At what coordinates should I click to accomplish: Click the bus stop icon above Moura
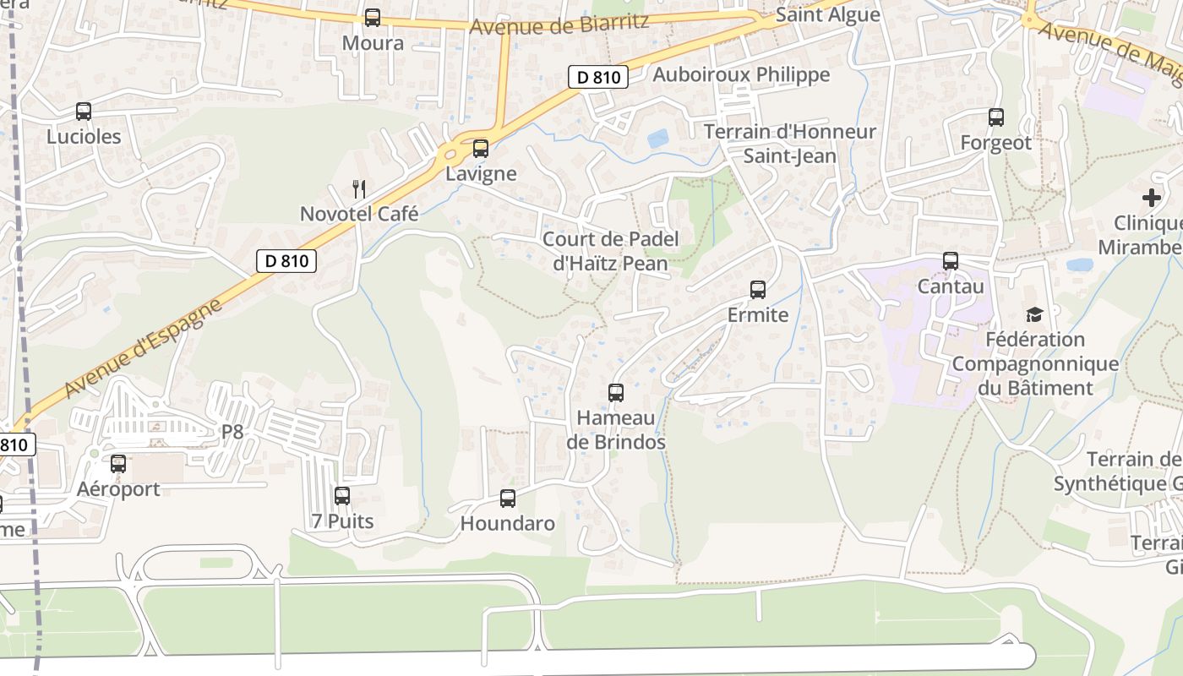373,17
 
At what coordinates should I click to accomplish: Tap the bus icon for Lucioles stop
84,111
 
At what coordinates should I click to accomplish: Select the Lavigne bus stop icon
481,149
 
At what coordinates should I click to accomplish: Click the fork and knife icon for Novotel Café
359,188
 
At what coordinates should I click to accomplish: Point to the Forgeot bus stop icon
996,117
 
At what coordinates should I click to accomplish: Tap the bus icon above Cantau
951,261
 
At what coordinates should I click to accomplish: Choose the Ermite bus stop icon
758,290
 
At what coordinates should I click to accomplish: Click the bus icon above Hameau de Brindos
616,393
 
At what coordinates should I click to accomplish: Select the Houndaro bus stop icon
508,499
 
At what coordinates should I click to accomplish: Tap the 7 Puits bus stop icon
342,496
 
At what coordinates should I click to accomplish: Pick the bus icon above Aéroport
118,464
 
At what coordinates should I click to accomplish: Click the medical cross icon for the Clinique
1151,198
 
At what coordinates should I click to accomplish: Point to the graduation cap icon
1034,315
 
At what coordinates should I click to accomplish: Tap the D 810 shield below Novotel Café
286,261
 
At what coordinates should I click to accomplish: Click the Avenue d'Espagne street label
142,346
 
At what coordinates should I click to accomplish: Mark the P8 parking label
232,433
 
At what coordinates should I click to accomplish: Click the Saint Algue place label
827,14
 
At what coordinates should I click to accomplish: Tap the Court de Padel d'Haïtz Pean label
610,251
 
